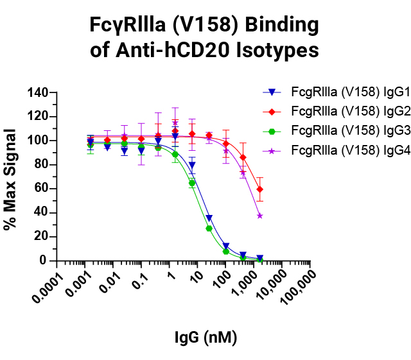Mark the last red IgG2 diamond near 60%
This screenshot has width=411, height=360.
(259, 189)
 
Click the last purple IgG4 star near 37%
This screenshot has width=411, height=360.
(259, 216)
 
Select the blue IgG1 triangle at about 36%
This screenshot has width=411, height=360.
(209, 218)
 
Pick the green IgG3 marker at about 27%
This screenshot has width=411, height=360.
(209, 228)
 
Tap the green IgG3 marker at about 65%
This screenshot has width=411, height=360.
(192, 183)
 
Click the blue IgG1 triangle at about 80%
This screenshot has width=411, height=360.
(192, 165)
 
